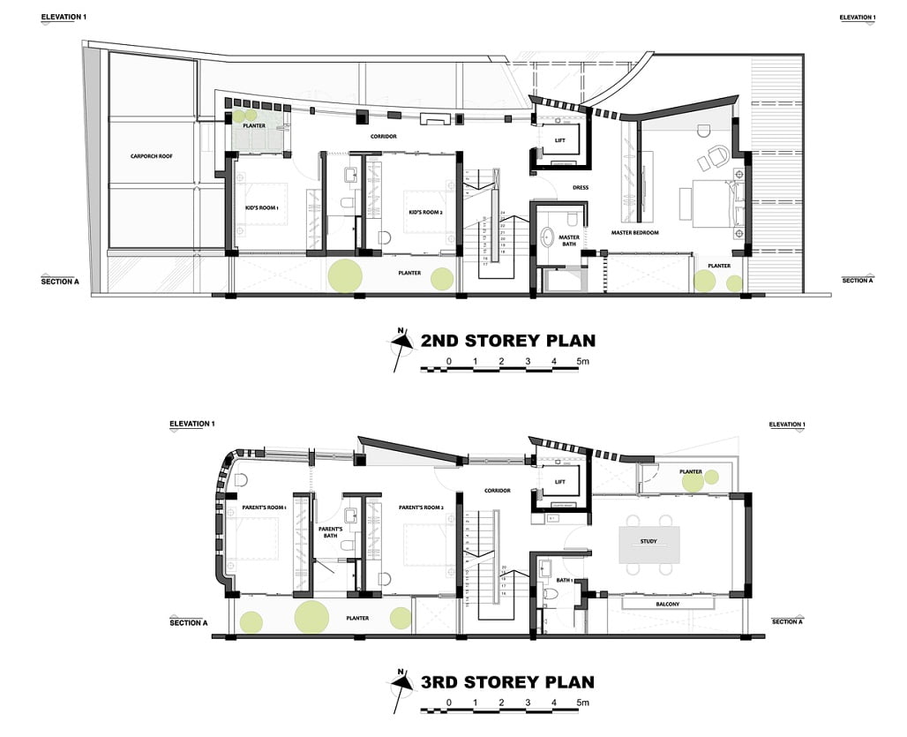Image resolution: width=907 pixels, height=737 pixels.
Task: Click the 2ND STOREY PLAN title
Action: click(x=507, y=341)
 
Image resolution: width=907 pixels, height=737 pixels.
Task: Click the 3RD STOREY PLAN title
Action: click(x=507, y=682)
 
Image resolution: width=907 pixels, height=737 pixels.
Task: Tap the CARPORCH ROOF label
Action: click(x=149, y=156)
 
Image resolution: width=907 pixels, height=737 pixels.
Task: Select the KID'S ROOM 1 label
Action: click(x=262, y=207)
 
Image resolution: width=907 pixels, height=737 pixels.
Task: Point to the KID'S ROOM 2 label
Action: click(x=425, y=213)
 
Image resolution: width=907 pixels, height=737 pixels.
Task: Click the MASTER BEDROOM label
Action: click(x=635, y=233)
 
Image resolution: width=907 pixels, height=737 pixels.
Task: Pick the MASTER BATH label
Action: click(x=569, y=241)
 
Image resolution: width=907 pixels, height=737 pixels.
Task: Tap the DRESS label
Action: click(x=581, y=187)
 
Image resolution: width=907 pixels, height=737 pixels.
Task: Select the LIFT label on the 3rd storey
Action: click(x=559, y=482)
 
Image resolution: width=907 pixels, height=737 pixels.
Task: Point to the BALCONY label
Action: click(x=667, y=604)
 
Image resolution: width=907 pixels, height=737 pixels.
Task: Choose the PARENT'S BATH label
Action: click(x=330, y=532)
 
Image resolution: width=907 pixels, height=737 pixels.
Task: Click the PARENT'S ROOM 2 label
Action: click(x=420, y=508)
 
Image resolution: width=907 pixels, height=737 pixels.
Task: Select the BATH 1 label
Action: click(x=566, y=580)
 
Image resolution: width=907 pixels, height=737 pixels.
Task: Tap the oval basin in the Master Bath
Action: click(x=547, y=237)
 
